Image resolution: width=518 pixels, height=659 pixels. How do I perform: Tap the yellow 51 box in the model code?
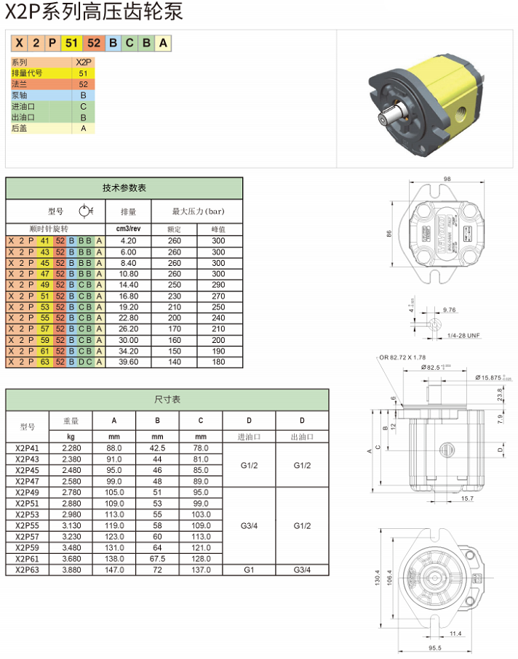(71, 43)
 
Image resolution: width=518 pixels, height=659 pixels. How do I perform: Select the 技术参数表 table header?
(124, 187)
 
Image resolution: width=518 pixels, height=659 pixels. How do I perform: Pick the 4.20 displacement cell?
(128, 240)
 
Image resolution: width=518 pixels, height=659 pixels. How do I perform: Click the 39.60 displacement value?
(128, 362)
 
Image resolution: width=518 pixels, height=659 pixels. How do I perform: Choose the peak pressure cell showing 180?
(218, 362)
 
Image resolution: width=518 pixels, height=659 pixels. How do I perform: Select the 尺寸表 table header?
(167, 400)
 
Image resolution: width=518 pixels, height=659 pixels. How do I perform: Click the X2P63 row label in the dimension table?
(28, 570)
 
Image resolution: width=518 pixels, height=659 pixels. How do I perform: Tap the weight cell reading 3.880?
(71, 570)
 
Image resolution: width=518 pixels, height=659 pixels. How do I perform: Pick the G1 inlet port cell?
(249, 570)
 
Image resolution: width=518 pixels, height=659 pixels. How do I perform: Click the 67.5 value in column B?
(157, 558)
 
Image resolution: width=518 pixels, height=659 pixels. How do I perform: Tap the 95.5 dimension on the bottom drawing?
(434, 647)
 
